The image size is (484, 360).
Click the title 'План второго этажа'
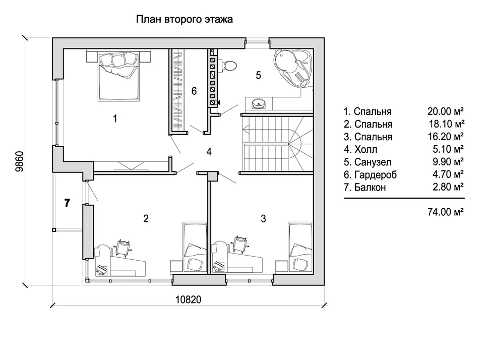tap(185, 20)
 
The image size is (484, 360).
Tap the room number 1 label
tap(115, 118)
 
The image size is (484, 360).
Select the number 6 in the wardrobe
tap(194, 91)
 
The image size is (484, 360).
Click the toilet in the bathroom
tap(229, 66)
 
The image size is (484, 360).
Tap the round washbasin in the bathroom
tap(258, 103)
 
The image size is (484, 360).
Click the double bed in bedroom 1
tap(117, 76)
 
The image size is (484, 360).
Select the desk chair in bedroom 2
tap(124, 247)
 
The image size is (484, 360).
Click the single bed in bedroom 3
tap(300, 247)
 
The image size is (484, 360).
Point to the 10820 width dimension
tap(188, 299)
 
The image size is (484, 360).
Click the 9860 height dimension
tap(19, 161)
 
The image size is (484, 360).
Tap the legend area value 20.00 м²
tap(445, 111)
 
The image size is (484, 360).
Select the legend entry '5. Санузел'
tap(368, 162)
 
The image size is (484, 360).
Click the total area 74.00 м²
tap(445, 212)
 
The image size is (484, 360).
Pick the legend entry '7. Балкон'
tap(365, 187)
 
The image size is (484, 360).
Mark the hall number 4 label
tap(209, 152)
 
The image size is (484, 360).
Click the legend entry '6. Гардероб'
tap(371, 174)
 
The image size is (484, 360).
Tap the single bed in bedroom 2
tap(195, 247)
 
